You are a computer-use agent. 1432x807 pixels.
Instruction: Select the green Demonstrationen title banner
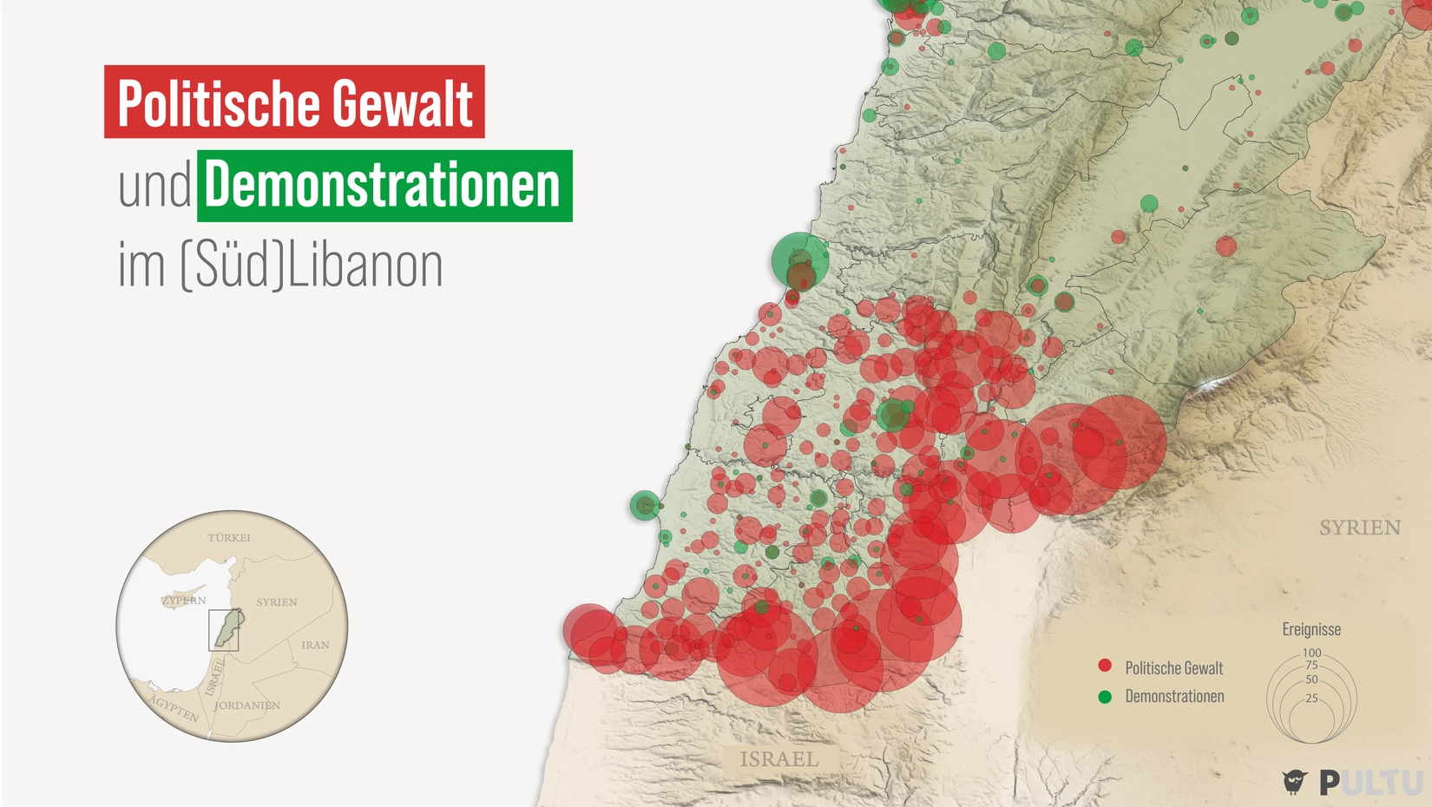[x=384, y=186]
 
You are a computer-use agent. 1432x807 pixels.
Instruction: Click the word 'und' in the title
[x=154, y=186]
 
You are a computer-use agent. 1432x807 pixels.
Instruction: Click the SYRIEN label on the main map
[x=1359, y=528]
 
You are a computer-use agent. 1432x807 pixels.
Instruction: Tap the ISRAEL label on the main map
[x=778, y=759]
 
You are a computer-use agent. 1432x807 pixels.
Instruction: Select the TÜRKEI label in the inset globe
[x=229, y=538]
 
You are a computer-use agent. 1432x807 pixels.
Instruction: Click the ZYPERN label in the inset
[x=184, y=600]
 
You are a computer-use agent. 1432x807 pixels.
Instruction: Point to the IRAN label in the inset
[x=315, y=645]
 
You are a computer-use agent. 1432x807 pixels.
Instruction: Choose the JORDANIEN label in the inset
[x=247, y=705]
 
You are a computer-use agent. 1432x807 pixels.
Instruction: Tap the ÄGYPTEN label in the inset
[x=174, y=708]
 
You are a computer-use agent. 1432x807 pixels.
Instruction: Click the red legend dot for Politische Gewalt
[x=1105, y=666]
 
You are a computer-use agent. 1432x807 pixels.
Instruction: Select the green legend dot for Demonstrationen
[x=1105, y=696]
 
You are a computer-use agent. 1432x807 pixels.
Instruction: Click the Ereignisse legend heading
[x=1311, y=629]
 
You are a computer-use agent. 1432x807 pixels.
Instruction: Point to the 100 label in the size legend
[x=1311, y=653]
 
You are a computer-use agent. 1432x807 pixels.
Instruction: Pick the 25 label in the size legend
[x=1311, y=698]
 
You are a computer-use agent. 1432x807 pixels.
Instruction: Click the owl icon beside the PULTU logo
[x=1294, y=782]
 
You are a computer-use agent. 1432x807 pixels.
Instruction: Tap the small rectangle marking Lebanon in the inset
[x=223, y=630]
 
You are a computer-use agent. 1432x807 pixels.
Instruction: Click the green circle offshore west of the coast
[x=644, y=505]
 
